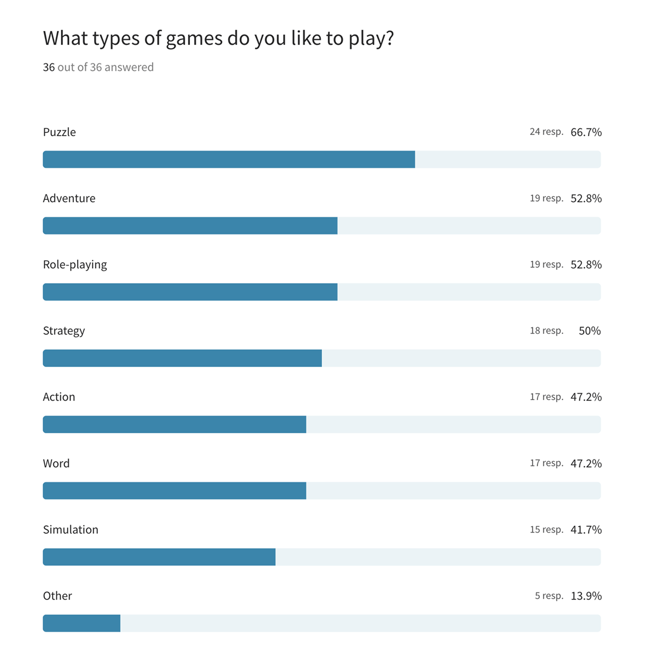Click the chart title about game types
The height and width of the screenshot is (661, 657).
click(x=218, y=39)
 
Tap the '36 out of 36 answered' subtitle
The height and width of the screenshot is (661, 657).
click(x=98, y=67)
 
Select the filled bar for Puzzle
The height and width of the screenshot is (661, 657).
click(x=229, y=160)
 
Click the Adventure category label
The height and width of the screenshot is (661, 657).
click(x=69, y=198)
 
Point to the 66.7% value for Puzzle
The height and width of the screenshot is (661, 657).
click(x=586, y=132)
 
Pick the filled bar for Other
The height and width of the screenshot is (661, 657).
click(x=81, y=623)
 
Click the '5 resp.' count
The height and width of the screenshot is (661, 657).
click(x=549, y=596)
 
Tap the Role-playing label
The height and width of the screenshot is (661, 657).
click(x=75, y=265)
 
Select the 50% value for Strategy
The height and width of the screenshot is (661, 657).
click(x=589, y=331)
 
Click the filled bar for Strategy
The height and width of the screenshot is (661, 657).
click(x=182, y=358)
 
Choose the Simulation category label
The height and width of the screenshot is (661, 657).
click(x=71, y=530)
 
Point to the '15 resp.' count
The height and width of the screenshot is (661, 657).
click(x=546, y=530)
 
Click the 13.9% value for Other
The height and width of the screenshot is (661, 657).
click(x=586, y=596)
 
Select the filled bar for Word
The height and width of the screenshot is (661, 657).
click(x=174, y=491)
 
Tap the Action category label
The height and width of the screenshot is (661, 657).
click(x=59, y=397)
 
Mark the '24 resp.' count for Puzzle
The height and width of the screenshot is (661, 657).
click(x=546, y=132)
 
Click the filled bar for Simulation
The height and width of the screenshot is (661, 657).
click(x=159, y=557)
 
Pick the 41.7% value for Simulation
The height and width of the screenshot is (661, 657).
click(x=586, y=530)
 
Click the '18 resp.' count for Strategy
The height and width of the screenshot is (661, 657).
click(x=546, y=331)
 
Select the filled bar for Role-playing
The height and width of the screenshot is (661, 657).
click(x=190, y=292)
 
